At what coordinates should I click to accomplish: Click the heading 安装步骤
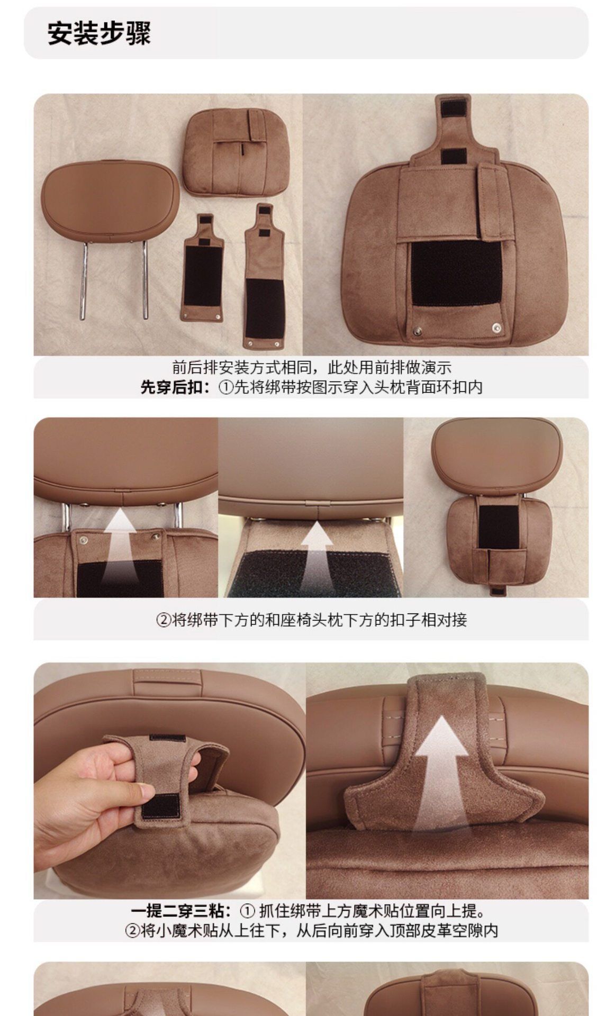(99, 33)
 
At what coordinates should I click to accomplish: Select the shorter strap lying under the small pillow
(202, 268)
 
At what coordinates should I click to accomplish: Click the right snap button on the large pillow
(496, 328)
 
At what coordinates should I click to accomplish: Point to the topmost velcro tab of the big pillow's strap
(454, 108)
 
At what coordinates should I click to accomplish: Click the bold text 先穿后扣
(171, 387)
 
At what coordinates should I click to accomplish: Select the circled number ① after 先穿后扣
(226, 388)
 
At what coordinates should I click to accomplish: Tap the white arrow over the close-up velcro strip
(316, 557)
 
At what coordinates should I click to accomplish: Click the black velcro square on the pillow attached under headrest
(498, 527)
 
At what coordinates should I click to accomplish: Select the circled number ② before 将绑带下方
(164, 620)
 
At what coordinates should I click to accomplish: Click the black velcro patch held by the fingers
(160, 805)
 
